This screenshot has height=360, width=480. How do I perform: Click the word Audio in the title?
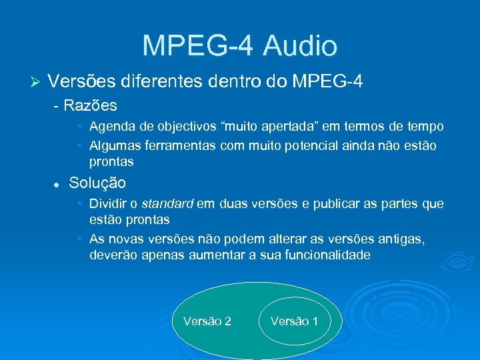tap(300, 45)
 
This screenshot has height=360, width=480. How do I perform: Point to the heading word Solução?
tap(97, 183)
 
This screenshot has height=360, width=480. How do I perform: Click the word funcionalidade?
tap(319, 255)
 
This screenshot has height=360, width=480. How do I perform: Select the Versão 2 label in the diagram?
tap(207, 321)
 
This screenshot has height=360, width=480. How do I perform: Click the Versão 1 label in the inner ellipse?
tap(295, 321)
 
